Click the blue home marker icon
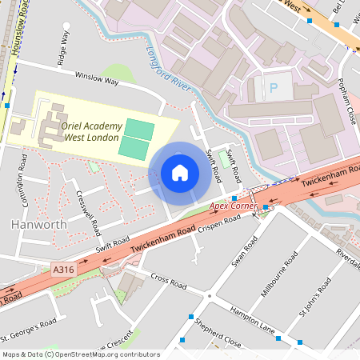pos(180,173)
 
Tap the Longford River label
pos(169,67)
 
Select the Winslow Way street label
pos(96,80)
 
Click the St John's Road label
pos(314,297)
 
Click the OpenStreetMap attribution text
pos(80,354)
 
